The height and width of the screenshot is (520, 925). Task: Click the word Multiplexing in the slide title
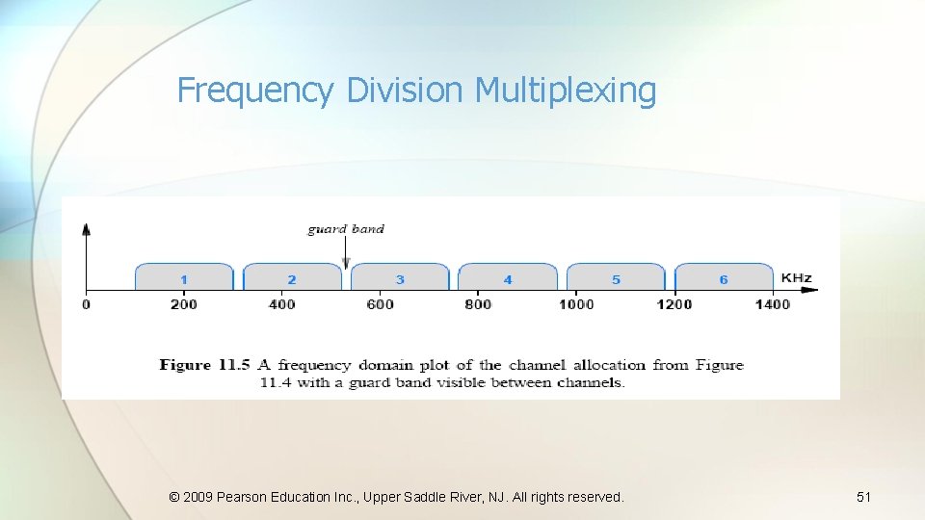pos(566,91)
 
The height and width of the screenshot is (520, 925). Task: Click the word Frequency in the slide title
pos(255,91)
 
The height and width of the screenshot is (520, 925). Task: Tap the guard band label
pos(346,229)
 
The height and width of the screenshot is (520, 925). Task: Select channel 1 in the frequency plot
pos(184,277)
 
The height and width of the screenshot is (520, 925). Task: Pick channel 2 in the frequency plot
pos(292,277)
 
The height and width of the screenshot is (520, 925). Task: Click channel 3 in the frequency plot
pos(400,277)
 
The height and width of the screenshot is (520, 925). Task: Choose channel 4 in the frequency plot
pos(508,277)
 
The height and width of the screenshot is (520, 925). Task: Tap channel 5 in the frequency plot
pos(616,277)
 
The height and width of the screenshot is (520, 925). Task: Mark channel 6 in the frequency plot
pos(724,277)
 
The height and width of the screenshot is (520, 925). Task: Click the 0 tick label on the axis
pos(87,304)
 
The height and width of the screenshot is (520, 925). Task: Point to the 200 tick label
pos(183,304)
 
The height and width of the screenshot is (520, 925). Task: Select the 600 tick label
pos(380,304)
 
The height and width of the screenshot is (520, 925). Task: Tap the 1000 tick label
pos(576,304)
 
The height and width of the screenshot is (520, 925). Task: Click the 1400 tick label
pos(772,304)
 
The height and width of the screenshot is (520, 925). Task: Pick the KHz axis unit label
pos(796,278)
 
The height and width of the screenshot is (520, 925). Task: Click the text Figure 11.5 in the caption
pos(204,365)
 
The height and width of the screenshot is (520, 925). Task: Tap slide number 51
pos(863,497)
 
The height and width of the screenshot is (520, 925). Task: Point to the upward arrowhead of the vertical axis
pos(87,229)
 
